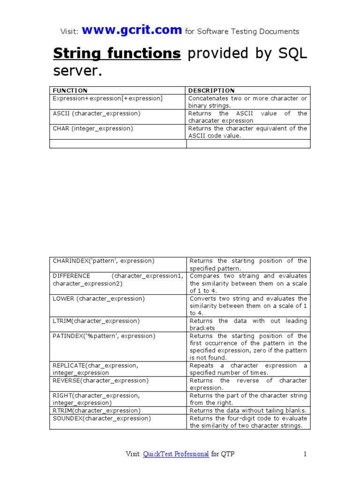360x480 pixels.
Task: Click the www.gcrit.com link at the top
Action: [132, 30]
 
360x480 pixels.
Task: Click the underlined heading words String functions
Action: [117, 54]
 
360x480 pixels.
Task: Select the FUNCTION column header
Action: [70, 90]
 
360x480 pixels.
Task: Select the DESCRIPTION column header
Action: [211, 90]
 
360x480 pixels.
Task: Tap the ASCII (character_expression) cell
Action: [97, 113]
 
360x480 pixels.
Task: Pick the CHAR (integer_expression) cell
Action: [93, 128]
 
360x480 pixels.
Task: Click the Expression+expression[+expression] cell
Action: [108, 98]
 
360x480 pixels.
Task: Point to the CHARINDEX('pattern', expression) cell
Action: [104, 261]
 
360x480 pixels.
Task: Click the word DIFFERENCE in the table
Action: [72, 276]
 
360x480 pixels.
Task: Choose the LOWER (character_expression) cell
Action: [98, 299]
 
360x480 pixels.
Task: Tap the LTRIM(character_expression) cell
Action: [96, 321]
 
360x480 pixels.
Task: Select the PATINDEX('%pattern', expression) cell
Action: [104, 336]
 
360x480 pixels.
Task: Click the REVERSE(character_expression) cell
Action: [100, 381]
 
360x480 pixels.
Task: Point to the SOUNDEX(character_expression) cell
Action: [102, 418]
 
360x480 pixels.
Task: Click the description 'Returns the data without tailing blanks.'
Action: [248, 411]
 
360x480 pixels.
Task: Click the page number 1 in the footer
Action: [305, 454]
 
